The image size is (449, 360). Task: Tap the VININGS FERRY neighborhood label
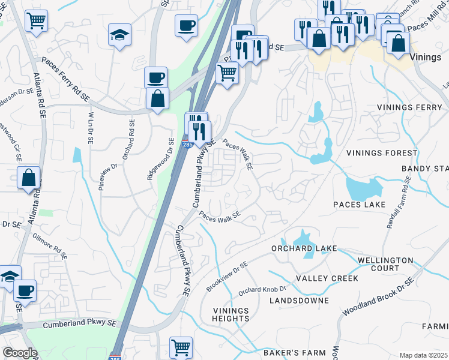(410, 107)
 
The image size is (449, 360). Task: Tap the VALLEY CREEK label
(327, 278)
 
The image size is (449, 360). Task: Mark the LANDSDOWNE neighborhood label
(299, 300)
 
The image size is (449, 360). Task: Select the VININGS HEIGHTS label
(231, 314)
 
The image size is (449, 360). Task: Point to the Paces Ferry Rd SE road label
(65, 79)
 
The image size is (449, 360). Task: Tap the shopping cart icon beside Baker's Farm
(181, 347)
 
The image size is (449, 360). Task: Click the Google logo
(20, 353)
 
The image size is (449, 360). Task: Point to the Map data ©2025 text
(423, 355)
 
